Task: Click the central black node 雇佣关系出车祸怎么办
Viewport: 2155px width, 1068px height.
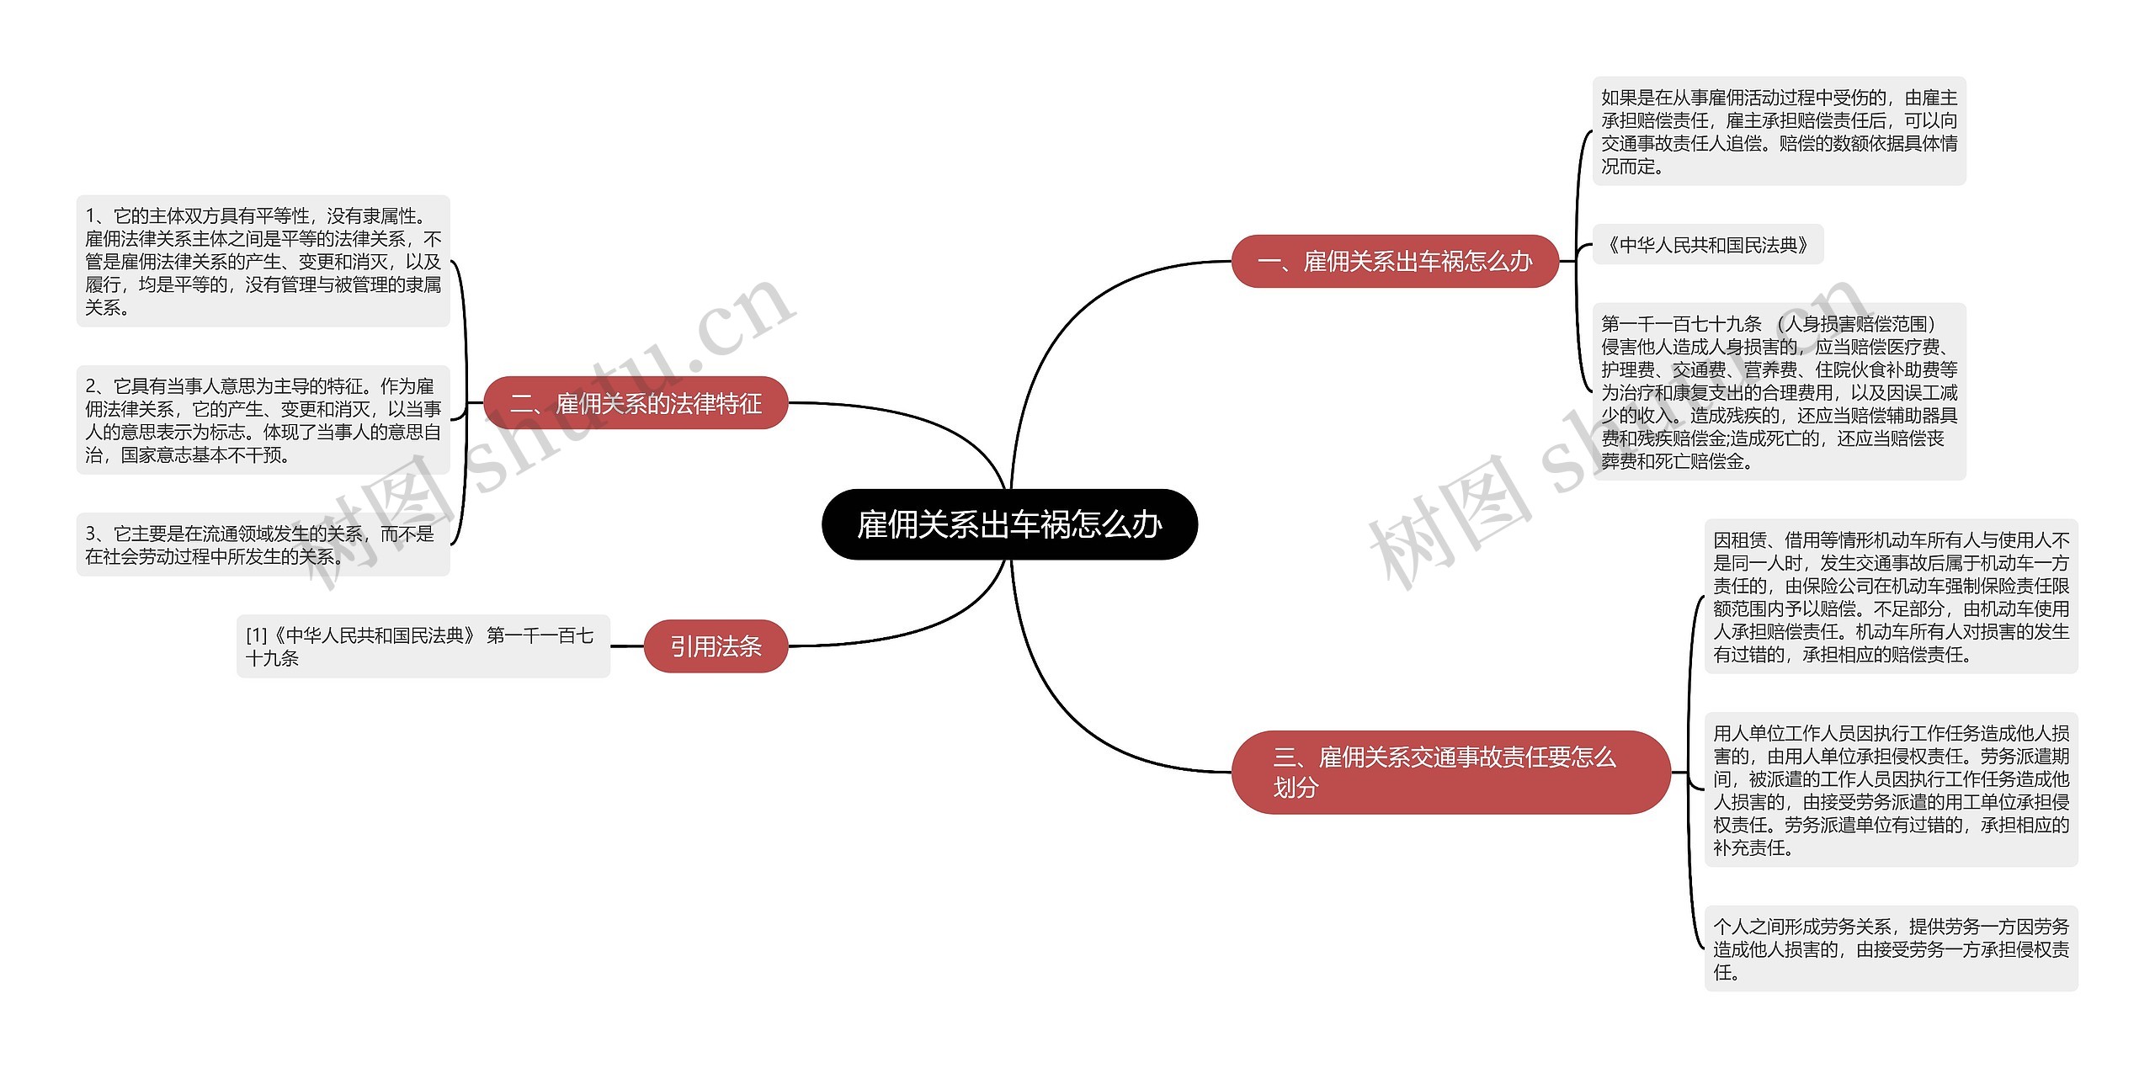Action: (x=1008, y=524)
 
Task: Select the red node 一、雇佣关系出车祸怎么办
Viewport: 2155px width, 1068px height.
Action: (x=1394, y=261)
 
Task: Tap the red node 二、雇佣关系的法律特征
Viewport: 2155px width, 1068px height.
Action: (x=636, y=403)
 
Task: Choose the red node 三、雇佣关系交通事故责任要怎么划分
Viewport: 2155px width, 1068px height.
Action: (x=1450, y=772)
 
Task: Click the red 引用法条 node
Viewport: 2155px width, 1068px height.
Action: (x=716, y=646)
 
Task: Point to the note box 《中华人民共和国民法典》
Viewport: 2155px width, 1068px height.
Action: (x=1707, y=245)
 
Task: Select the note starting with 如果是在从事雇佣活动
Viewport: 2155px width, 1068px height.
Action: (x=1778, y=131)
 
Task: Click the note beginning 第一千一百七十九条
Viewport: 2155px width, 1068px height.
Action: (x=1778, y=391)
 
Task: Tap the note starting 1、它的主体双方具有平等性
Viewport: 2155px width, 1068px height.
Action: (x=263, y=261)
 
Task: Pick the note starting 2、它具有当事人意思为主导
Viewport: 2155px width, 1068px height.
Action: (x=263, y=420)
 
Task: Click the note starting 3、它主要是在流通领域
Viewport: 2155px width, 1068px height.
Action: (x=263, y=545)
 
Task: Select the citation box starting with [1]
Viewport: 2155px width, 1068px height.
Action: (x=423, y=646)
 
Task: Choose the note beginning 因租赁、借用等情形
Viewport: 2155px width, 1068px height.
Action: (x=1891, y=597)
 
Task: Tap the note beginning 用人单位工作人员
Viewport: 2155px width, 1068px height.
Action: (x=1891, y=789)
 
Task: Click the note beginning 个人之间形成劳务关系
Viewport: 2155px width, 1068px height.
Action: (x=1891, y=948)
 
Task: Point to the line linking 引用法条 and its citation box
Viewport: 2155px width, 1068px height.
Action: (x=627, y=646)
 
